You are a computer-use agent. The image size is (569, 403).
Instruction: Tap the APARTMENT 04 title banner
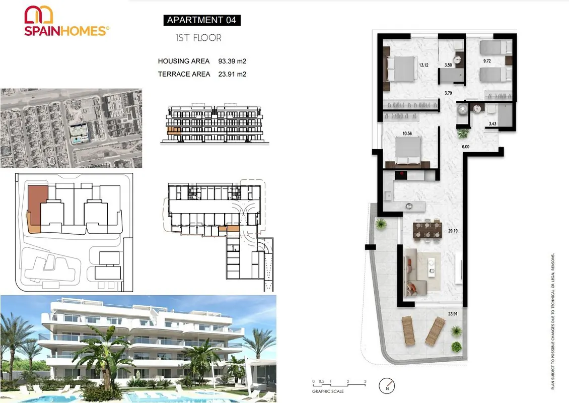pos(202,20)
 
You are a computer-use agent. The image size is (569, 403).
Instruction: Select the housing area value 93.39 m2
pos(232,61)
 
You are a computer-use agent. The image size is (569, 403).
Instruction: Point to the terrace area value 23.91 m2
pos(232,74)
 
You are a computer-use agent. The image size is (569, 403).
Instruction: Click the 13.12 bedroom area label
pos(423,65)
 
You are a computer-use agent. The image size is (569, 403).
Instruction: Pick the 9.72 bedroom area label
pos(487,61)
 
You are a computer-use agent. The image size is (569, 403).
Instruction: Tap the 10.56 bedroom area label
pos(407,133)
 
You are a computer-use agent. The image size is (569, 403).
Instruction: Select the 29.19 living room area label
pos(453,231)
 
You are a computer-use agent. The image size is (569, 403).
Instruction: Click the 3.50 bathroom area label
pos(448,65)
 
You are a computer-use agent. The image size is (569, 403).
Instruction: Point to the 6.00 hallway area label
pos(466,147)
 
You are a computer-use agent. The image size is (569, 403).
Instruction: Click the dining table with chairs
pos(428,230)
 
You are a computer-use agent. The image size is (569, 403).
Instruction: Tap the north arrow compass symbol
pos(387,385)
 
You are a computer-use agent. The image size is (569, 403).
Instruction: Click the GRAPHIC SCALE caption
pos(328,391)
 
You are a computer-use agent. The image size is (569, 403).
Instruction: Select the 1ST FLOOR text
pos(198,38)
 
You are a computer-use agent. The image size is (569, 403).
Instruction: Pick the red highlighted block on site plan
pos(38,206)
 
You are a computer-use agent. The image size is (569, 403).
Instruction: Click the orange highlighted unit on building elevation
pos(174,131)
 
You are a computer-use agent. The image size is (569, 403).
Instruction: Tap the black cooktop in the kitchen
pos(401,175)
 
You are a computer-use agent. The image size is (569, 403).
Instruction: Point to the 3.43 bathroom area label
pos(492,124)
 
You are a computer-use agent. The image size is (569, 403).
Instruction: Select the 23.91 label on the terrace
pos(453,314)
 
